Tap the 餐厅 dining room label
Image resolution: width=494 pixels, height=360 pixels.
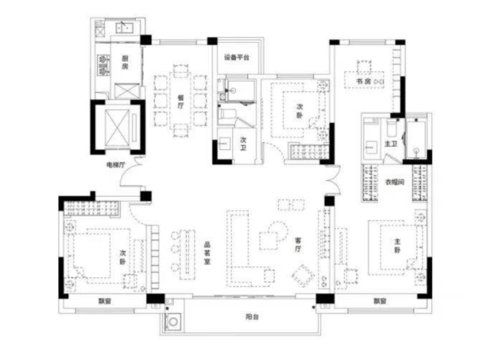coord(180,101)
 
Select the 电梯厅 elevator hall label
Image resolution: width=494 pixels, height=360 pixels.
coord(115,165)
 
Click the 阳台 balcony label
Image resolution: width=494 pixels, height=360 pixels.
coord(251,317)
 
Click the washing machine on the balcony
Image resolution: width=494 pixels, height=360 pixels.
coord(174,321)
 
